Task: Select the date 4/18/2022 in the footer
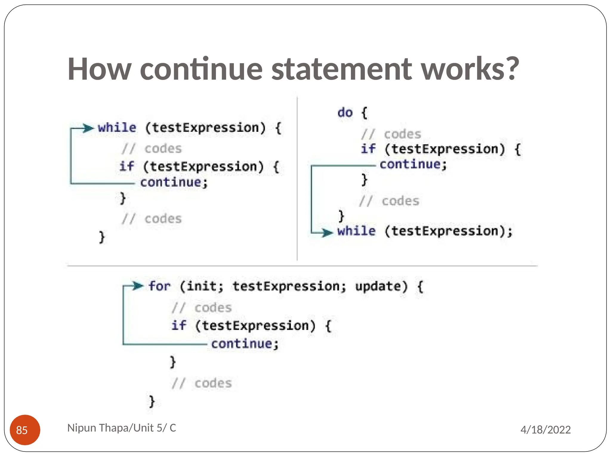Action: [545, 430]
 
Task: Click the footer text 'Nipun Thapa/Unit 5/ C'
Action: [121, 428]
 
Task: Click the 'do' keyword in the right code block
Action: [345, 113]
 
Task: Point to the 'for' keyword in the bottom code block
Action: [159, 286]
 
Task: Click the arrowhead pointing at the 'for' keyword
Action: [138, 286]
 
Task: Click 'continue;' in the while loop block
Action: [174, 182]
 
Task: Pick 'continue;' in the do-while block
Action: [413, 165]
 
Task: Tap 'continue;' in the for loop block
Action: [245, 344]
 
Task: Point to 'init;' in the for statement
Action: [205, 287]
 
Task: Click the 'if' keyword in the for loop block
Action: [179, 325]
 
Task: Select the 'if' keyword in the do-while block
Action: [368, 149]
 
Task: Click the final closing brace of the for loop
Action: [152, 401]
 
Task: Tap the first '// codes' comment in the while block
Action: [152, 148]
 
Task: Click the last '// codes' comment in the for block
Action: [202, 383]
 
